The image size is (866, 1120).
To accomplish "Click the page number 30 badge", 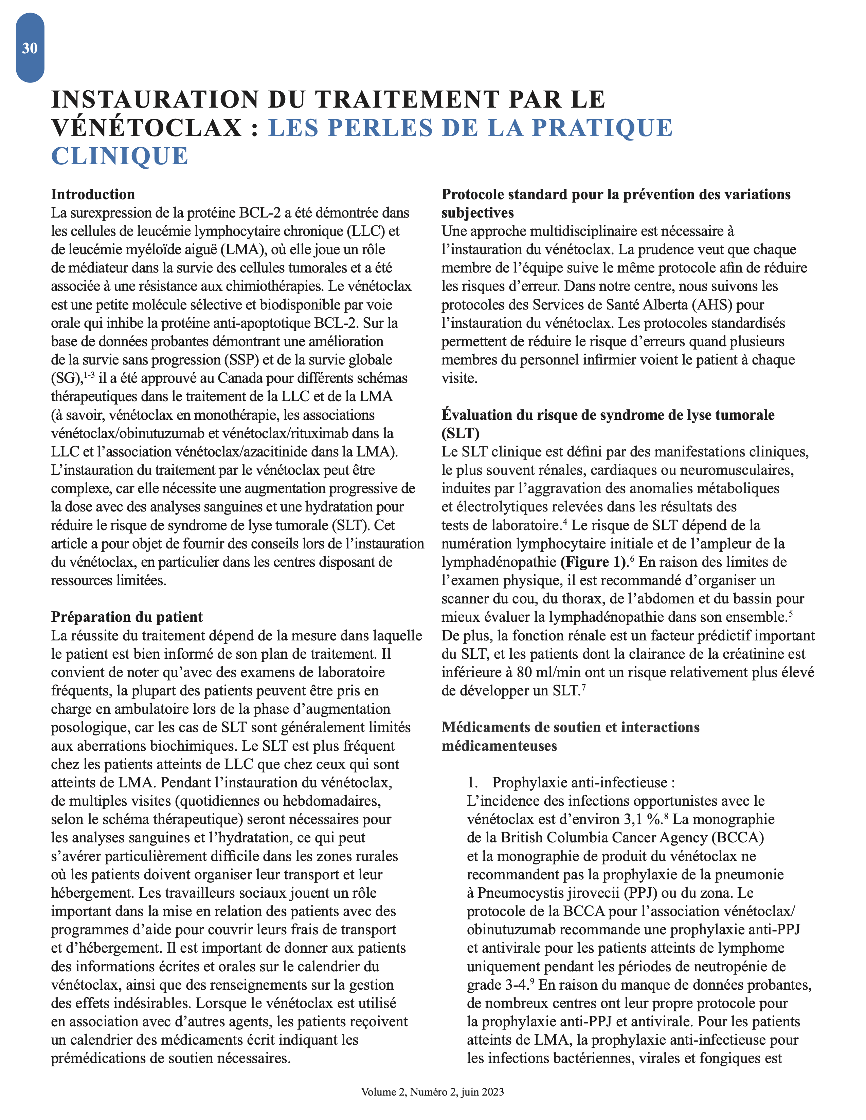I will [x=30, y=48].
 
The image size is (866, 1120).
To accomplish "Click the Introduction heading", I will [x=93, y=194].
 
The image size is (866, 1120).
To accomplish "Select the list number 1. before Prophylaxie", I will [x=472, y=783].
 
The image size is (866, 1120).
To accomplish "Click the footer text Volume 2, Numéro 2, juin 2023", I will [x=432, y=1092].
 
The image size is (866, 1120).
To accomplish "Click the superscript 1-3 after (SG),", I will [x=89, y=375].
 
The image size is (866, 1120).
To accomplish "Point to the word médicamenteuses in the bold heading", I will [x=499, y=746].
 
